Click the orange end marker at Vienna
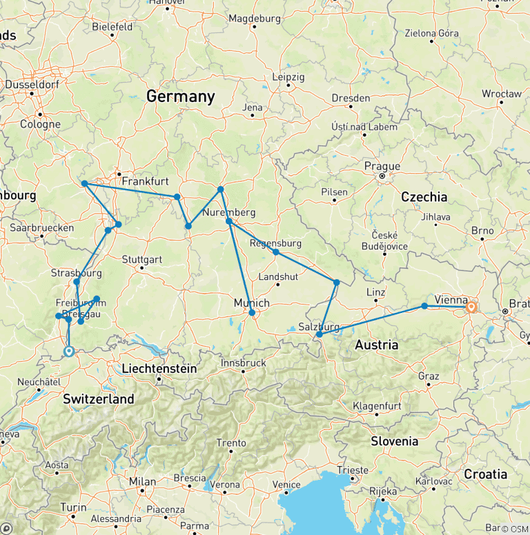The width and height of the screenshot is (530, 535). click(471, 307)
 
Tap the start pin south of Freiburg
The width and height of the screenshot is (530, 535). click(68, 352)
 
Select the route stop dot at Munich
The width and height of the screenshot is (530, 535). click(252, 312)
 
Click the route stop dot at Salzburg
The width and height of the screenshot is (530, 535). click(320, 334)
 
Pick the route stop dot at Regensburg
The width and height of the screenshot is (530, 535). click(275, 252)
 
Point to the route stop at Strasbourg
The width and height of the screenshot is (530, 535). click(77, 281)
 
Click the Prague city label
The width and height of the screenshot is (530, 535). click(382, 166)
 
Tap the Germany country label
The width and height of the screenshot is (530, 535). click(180, 97)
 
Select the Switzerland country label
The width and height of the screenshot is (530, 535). click(99, 399)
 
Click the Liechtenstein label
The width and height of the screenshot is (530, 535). click(159, 369)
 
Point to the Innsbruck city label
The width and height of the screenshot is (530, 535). click(243, 362)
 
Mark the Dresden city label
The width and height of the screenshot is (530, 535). click(351, 98)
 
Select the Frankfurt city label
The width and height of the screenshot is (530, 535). click(145, 181)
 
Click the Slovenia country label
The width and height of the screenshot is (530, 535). click(394, 441)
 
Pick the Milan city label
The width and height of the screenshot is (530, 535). click(142, 481)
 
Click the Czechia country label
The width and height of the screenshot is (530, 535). click(425, 196)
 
